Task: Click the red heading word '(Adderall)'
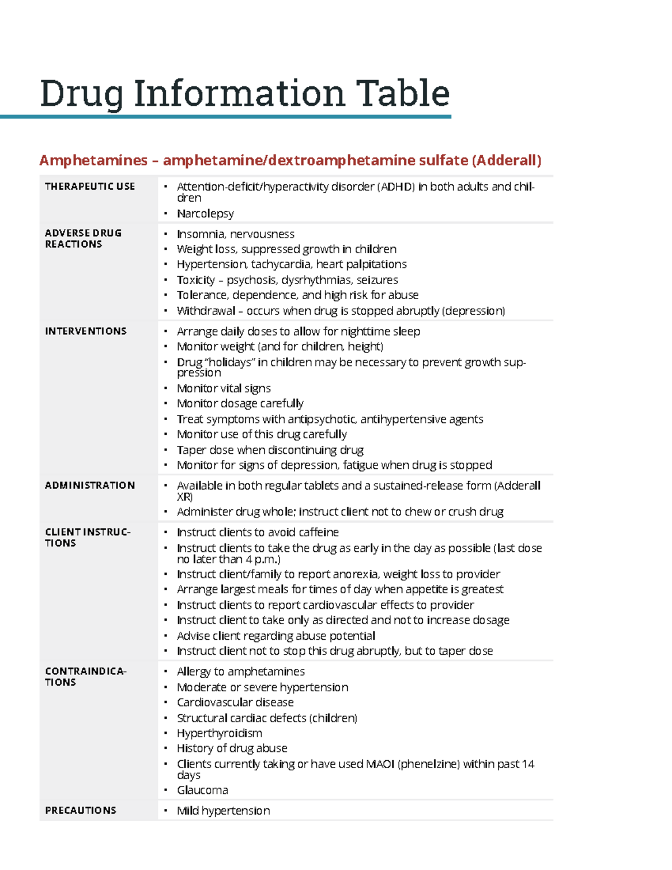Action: coord(506,161)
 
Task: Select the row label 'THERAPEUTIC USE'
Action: coord(90,187)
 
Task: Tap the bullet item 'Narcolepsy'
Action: coord(205,213)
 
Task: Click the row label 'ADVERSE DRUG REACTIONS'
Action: coord(83,239)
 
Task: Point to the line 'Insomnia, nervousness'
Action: coord(235,234)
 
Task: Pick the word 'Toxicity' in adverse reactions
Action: coord(195,280)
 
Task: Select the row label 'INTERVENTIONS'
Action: coord(86,332)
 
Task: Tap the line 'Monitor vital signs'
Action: coord(223,388)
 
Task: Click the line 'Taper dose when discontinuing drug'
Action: coord(270,450)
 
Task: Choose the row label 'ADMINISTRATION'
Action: coord(90,486)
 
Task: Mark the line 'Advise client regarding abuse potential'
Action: coord(276,636)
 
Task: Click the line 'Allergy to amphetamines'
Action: coord(241,672)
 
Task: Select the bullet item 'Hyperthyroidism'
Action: coord(219,733)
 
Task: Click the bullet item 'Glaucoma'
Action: coord(202,790)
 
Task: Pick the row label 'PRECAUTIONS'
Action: coord(81,811)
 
